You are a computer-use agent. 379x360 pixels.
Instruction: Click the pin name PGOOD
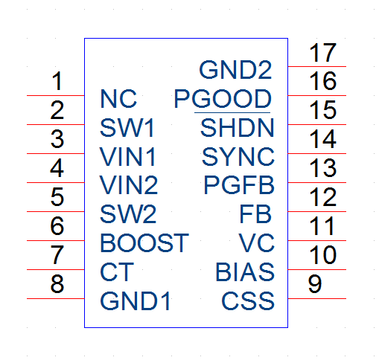click(x=223, y=99)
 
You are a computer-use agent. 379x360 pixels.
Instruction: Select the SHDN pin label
click(x=238, y=128)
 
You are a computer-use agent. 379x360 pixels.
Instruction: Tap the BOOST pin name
click(x=144, y=243)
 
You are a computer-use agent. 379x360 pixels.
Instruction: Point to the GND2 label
click(x=235, y=70)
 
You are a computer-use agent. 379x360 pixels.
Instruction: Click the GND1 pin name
click(x=135, y=300)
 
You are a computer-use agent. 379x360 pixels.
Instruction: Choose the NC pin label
click(x=118, y=99)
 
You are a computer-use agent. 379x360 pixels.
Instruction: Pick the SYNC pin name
click(x=238, y=157)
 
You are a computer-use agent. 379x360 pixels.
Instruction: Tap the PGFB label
click(x=239, y=185)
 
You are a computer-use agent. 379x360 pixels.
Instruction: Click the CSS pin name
click(x=248, y=300)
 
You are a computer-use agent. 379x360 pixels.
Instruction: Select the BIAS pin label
click(x=245, y=272)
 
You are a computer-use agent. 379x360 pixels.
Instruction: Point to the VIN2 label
click(x=129, y=185)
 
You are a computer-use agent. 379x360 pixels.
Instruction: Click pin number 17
click(x=322, y=53)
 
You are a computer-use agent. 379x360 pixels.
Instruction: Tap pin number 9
click(x=315, y=284)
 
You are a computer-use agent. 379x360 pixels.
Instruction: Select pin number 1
click(x=57, y=81)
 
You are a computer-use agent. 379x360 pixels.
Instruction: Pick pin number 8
click(x=57, y=284)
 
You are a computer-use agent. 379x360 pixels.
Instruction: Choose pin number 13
click(x=322, y=168)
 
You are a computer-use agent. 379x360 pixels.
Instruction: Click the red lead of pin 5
click(x=56, y=211)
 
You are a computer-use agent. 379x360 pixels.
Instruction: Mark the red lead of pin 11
click(x=317, y=240)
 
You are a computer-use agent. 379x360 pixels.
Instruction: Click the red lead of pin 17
click(x=317, y=66)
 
